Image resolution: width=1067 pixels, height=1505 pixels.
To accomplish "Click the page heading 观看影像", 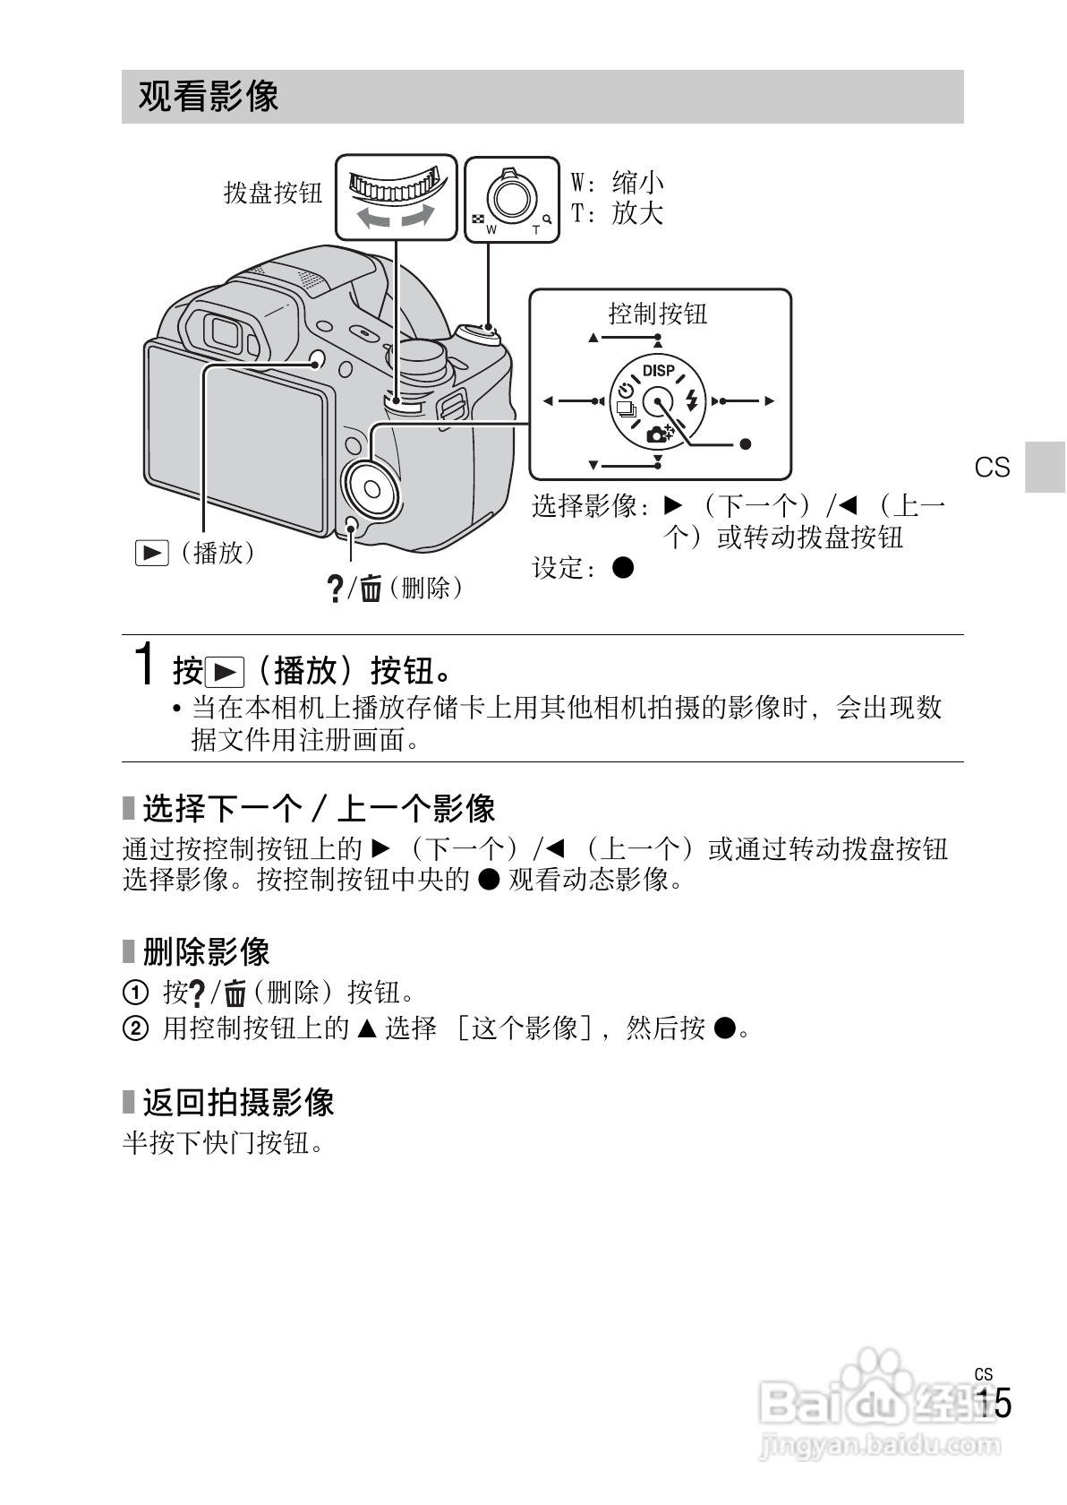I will tap(209, 97).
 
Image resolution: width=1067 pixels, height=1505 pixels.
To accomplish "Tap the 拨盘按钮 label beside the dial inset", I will tap(272, 193).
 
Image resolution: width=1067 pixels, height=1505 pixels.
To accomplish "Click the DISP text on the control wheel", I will tap(659, 371).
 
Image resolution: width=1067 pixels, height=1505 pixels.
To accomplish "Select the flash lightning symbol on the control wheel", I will tap(690, 400).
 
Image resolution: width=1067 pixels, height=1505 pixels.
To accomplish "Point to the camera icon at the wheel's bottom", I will tap(660, 434).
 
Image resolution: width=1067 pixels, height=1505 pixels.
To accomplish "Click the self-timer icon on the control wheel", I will tap(626, 391).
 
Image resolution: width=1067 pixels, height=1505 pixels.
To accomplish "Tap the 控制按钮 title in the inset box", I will tap(658, 314).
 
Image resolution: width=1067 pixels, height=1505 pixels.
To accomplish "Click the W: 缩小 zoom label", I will tap(618, 183).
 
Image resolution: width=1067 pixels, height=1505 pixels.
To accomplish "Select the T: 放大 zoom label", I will tap(618, 213).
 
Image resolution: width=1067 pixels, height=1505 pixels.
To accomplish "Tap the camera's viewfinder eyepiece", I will tap(223, 334).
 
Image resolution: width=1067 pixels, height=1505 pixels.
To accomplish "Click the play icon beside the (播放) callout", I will tap(151, 554).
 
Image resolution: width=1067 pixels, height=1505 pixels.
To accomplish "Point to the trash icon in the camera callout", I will tap(371, 589).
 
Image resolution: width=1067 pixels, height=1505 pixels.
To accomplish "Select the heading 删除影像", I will tap(206, 951).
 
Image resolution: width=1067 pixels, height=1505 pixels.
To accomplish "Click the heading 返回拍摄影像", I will tap(238, 1102).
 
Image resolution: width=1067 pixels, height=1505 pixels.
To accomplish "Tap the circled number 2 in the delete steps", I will tap(133, 1028).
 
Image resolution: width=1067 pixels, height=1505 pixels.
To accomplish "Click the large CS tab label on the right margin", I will tap(992, 468).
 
